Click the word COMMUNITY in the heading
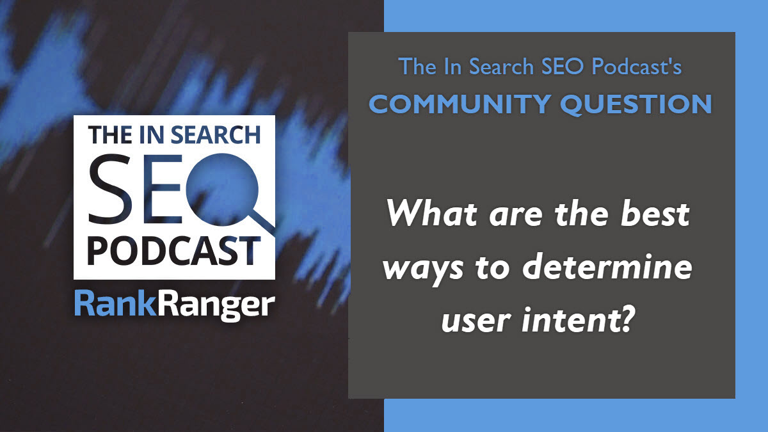coord(460,104)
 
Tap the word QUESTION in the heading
coord(636,104)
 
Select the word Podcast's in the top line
coord(637,66)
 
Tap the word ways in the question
coord(423,270)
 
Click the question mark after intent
coord(623,319)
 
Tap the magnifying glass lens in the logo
coord(222,189)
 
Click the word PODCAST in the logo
coord(174,251)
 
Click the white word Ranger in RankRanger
coord(216,306)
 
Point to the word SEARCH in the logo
coord(215,135)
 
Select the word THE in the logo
coord(109,135)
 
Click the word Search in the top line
coord(502,66)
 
